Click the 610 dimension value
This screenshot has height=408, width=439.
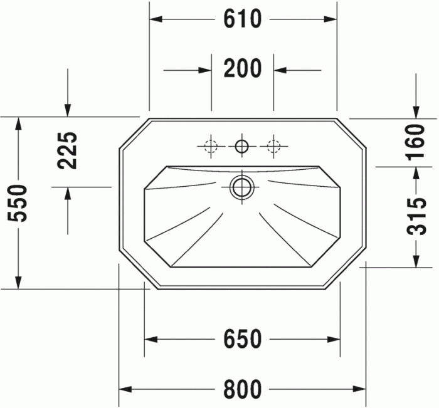pos(242,19)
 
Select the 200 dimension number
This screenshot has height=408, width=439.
pos(242,68)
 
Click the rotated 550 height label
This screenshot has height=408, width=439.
pos(21,203)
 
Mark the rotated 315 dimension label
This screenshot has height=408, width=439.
pos(416,216)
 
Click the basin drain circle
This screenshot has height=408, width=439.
pos(241,187)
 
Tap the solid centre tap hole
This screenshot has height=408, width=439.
pos(241,147)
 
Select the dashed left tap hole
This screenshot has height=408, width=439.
pos(211,147)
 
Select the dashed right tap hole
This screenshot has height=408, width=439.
pos(273,147)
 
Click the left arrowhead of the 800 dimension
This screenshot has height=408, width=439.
pos(125,389)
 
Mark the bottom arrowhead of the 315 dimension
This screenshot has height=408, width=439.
pos(416,260)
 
